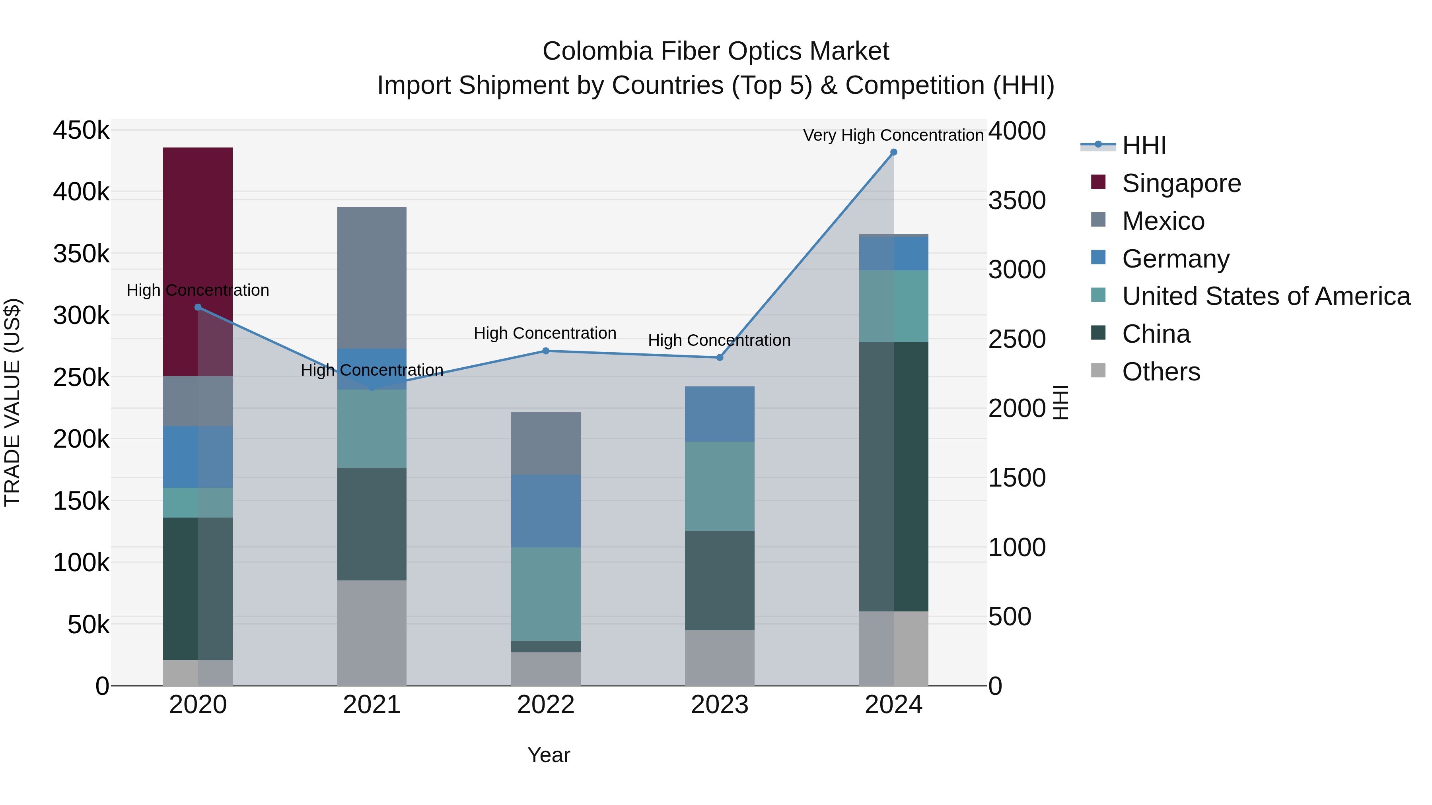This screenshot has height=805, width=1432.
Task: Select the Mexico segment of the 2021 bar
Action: (x=372, y=278)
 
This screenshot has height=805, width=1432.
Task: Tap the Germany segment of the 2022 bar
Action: (x=545, y=511)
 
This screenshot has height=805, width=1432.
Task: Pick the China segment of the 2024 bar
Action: (x=893, y=476)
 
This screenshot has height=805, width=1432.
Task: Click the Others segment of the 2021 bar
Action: (x=372, y=633)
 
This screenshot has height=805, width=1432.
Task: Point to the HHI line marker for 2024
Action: (x=893, y=152)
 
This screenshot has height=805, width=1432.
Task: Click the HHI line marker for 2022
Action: (x=545, y=351)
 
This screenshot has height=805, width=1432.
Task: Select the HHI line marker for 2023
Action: (x=719, y=358)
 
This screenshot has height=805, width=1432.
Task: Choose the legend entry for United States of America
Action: (x=1265, y=296)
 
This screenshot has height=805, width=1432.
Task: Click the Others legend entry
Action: (x=1161, y=372)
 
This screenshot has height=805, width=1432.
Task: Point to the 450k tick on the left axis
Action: (x=81, y=131)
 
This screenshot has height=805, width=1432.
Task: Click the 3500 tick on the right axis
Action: (x=1017, y=201)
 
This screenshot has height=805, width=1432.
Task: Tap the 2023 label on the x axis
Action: (x=719, y=705)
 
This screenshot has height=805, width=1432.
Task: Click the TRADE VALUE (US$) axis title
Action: (x=13, y=402)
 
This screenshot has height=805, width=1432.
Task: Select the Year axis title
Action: (x=549, y=755)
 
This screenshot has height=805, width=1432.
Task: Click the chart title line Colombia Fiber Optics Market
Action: (x=716, y=51)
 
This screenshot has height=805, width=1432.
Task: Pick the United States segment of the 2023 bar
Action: (x=719, y=486)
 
